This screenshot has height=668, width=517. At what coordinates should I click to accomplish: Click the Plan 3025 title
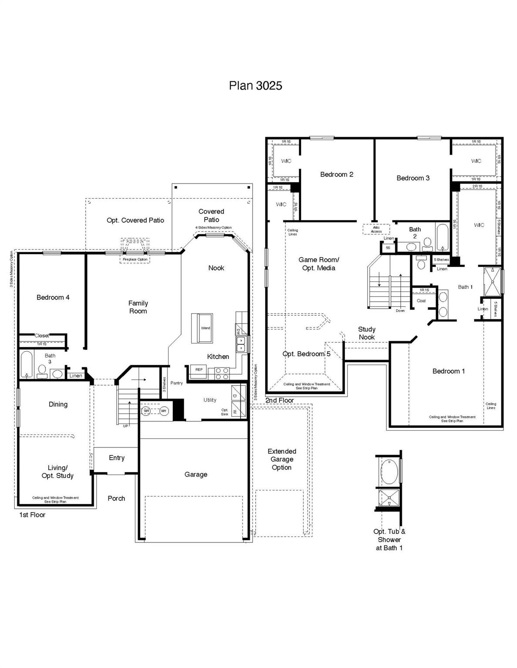[x=255, y=86]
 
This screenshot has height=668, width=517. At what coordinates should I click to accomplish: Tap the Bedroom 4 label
[x=53, y=297]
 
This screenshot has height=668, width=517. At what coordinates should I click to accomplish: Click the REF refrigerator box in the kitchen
[x=199, y=370]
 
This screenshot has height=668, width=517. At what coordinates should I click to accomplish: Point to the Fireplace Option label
[x=135, y=260]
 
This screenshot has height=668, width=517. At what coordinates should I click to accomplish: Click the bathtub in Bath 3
[x=27, y=364]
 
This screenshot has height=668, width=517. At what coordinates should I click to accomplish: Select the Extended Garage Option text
[x=282, y=460]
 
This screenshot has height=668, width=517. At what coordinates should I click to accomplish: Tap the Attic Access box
[x=376, y=229]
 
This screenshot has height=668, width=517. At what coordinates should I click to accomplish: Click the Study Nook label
[x=367, y=333]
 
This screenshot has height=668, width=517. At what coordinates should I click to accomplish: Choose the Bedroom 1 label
[x=448, y=371]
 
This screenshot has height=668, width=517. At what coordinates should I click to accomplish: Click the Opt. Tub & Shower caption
[x=389, y=539]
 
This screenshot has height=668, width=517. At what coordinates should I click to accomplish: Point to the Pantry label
[x=176, y=383]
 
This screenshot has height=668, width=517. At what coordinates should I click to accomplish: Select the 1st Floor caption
[x=32, y=515]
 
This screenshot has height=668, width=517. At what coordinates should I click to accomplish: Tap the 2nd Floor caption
[x=280, y=400]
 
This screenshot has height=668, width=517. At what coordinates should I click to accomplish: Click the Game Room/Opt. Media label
[x=318, y=264]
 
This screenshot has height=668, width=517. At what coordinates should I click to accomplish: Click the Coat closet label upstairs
[x=421, y=301]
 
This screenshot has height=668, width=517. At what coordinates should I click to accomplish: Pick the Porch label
[x=116, y=498]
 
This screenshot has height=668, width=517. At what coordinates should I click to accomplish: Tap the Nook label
[x=216, y=268]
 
